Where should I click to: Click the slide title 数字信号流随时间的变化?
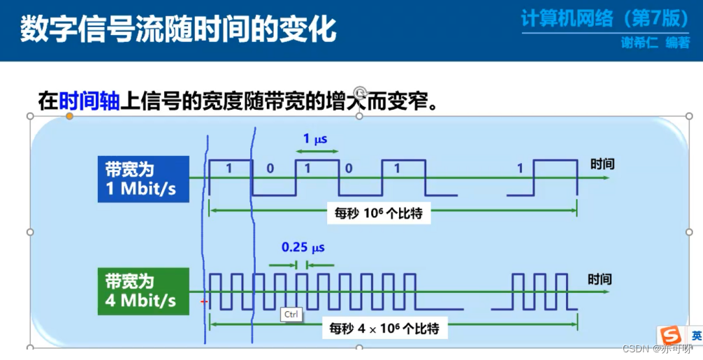click(x=178, y=30)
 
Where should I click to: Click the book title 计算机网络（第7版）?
click(x=605, y=18)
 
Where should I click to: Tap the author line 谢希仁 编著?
click(x=655, y=43)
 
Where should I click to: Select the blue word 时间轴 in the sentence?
click(x=89, y=102)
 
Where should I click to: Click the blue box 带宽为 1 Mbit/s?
click(x=143, y=179)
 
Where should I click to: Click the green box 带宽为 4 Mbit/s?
click(x=143, y=291)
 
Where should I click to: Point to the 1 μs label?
click(x=315, y=139)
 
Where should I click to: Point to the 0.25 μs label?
click(x=303, y=247)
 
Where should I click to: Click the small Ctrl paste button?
click(x=291, y=315)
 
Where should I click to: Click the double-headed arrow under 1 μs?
click(x=316, y=152)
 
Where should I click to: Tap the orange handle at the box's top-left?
click(x=69, y=116)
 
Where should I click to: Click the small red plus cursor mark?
click(x=204, y=302)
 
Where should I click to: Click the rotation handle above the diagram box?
click(x=360, y=92)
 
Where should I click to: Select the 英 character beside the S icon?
click(x=696, y=335)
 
